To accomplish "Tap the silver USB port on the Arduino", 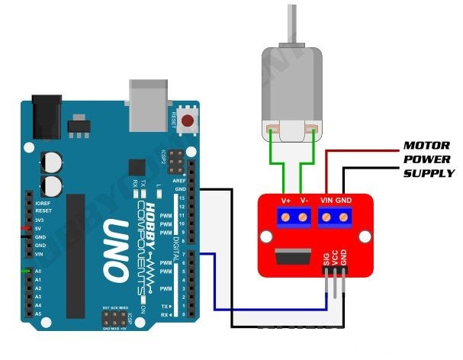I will click(x=150, y=106).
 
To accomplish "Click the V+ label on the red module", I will click(x=285, y=200).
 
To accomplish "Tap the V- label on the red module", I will click(x=304, y=200).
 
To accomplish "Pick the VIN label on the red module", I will click(x=326, y=200).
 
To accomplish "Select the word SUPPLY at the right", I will click(x=429, y=173).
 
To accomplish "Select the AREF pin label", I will click(x=180, y=182).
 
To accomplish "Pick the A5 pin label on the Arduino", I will click(x=39, y=313).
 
